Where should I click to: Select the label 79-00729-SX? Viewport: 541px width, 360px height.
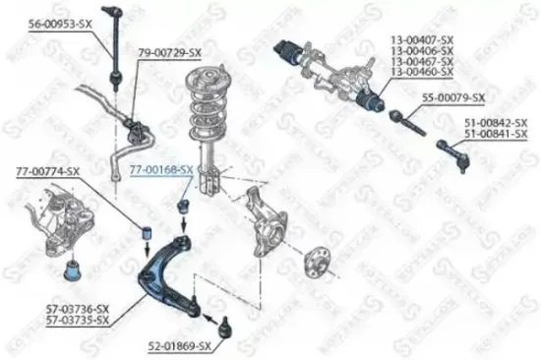pos(169,52)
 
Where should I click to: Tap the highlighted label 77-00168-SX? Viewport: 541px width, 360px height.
pos(160,169)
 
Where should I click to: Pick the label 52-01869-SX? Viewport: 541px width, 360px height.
pos(180,346)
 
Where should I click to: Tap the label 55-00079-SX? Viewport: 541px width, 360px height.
pos(453,98)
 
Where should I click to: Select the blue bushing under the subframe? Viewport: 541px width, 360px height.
pos(71,267)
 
